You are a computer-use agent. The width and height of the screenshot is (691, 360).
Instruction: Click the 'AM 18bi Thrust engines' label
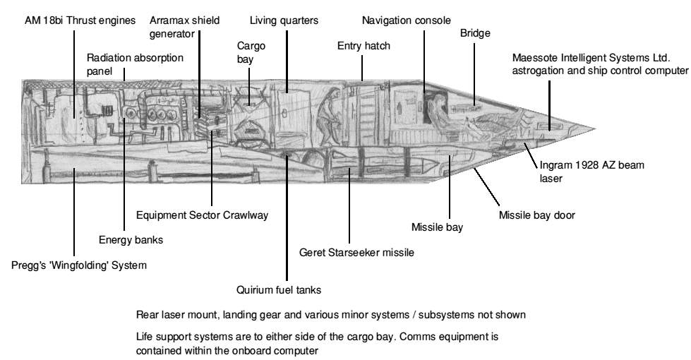tap(79, 20)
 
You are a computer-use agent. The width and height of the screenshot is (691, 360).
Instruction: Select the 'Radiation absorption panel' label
tap(124, 63)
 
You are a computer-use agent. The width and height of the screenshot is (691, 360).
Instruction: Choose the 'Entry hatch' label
tap(363, 46)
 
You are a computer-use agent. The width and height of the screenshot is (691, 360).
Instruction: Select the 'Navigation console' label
tap(406, 20)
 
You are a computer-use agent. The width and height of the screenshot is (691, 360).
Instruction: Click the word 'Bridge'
tap(475, 33)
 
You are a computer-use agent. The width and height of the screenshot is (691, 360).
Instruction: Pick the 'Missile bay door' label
tap(537, 215)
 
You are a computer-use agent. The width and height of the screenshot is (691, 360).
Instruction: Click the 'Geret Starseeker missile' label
tap(356, 252)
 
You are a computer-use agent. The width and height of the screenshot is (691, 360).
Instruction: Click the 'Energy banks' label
tap(131, 240)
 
